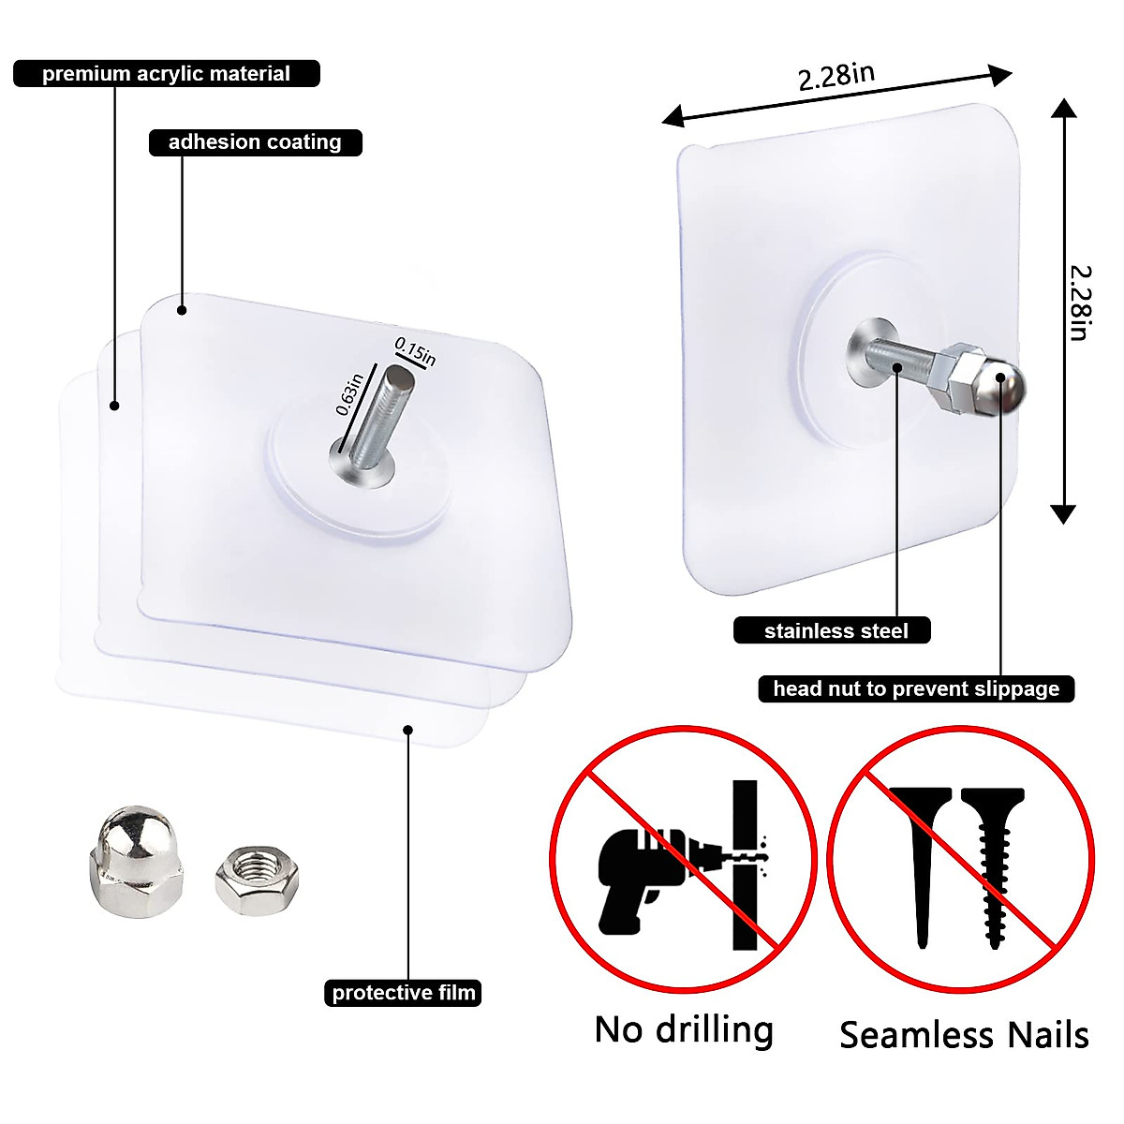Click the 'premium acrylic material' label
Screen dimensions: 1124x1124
click(x=167, y=74)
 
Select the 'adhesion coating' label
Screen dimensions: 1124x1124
click(x=255, y=142)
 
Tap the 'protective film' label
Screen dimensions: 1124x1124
click(x=404, y=993)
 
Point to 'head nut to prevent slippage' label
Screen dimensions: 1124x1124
click(x=915, y=689)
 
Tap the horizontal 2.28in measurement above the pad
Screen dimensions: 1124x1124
click(x=836, y=77)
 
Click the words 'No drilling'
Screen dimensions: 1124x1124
click(x=684, y=1029)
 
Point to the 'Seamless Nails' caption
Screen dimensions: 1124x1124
click(x=964, y=1035)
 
